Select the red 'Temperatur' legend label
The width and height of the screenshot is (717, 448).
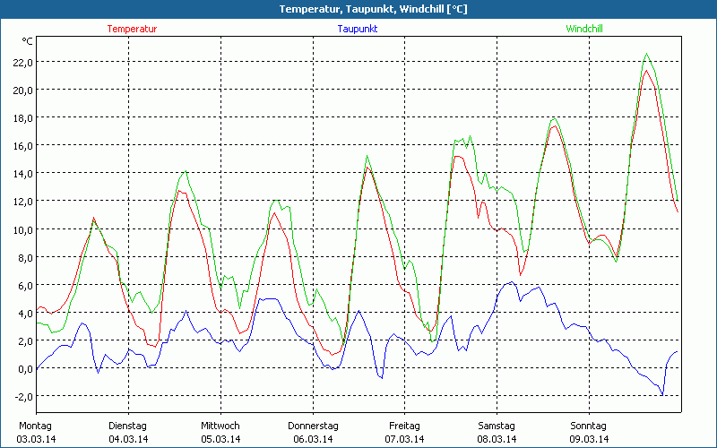pyautogui.click(x=132, y=29)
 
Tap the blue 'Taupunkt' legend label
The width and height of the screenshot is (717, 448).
pyautogui.click(x=359, y=29)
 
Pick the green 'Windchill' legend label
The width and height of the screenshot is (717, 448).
pyautogui.click(x=584, y=29)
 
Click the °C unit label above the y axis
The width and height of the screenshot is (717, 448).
pyautogui.click(x=28, y=41)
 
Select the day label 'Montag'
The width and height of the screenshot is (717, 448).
pyautogui.click(x=35, y=426)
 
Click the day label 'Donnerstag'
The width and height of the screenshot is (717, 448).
pyautogui.click(x=313, y=426)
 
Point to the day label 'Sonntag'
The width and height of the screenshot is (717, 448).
pyautogui.click(x=589, y=426)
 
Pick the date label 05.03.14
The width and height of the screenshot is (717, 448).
pyautogui.click(x=220, y=439)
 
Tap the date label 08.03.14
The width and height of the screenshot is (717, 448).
pyautogui.click(x=497, y=439)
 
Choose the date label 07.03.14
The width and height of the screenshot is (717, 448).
pyautogui.click(x=404, y=439)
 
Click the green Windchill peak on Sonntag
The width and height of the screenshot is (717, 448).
pyautogui.click(x=646, y=54)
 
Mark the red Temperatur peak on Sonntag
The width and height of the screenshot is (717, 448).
pyautogui.click(x=646, y=71)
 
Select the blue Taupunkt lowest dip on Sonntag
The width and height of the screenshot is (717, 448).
pyautogui.click(x=662, y=394)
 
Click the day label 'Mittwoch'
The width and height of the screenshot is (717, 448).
pyautogui.click(x=220, y=426)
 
